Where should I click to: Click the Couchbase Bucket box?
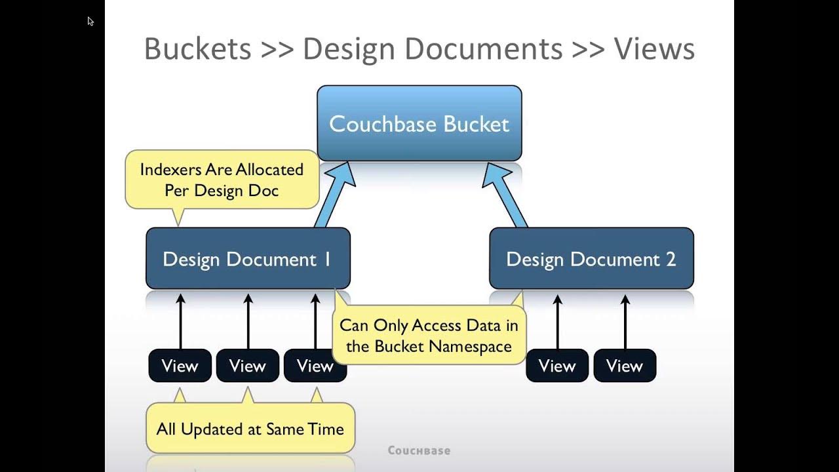(419, 123)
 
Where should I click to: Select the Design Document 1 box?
(248, 258)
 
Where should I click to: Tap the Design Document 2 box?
(591, 258)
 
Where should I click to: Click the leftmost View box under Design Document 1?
(180, 366)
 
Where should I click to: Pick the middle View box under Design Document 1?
(248, 366)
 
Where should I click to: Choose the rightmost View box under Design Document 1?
(315, 366)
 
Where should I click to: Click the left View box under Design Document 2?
(557, 366)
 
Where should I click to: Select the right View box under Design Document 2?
(625, 366)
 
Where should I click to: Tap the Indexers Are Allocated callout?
(222, 180)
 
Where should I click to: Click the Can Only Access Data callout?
(429, 336)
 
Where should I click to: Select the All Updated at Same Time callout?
(250, 429)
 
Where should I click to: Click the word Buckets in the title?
(197, 49)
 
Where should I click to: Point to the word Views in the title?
(654, 49)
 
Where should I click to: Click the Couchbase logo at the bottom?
(419, 450)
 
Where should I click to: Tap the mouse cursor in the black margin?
(90, 21)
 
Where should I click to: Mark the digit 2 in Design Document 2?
(671, 259)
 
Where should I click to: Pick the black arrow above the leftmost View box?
(181, 321)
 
